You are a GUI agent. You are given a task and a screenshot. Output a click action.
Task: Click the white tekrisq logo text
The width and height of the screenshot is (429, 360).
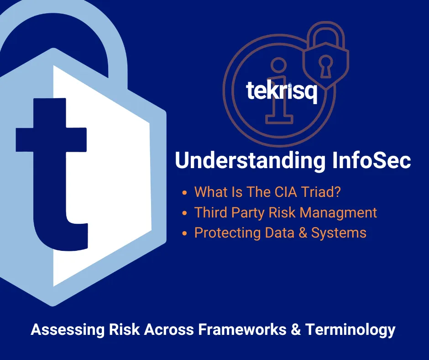coord(281,91)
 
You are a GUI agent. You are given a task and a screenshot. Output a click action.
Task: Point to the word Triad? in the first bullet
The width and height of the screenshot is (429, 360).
coord(324,192)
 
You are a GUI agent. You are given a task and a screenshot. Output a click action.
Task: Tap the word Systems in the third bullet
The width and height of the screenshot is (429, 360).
coord(339,233)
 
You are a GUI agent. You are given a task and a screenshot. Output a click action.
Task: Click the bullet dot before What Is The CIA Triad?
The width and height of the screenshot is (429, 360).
coord(184,193)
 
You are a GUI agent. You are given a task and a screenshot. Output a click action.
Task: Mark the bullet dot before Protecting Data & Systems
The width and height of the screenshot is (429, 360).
coord(184,233)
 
